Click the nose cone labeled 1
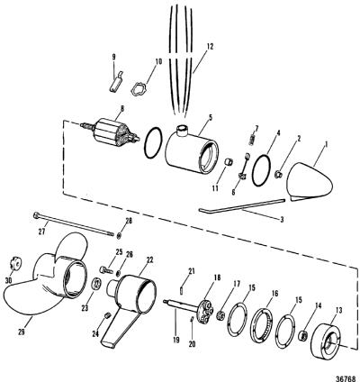click(309, 181)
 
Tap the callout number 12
click(210, 47)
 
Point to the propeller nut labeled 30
click(14, 264)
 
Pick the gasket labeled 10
click(139, 89)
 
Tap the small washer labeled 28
click(119, 235)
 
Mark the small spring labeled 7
click(252, 140)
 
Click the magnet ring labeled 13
click(325, 340)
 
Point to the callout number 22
click(140, 260)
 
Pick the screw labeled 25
click(105, 269)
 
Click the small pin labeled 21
click(183, 291)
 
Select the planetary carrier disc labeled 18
click(206, 311)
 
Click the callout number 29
click(22, 332)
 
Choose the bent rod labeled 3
click(240, 206)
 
